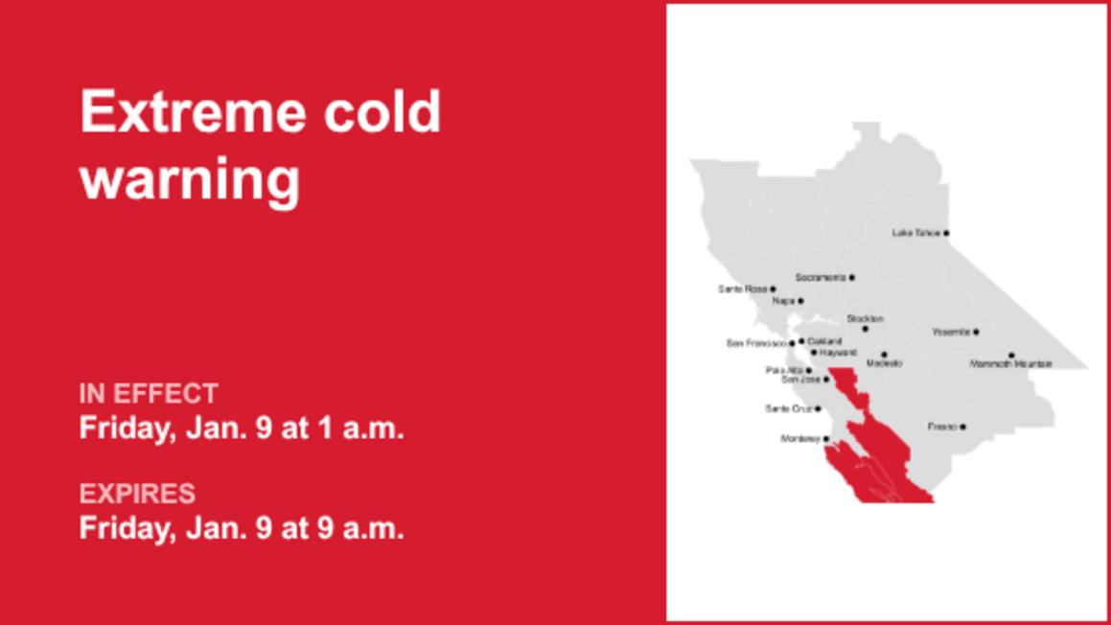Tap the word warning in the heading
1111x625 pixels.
pyautogui.click(x=190, y=179)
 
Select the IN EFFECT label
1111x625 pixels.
pyautogui.click(x=149, y=394)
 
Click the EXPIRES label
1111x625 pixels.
pyautogui.click(x=137, y=494)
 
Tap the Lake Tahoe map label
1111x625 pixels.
pyautogui.click(x=915, y=233)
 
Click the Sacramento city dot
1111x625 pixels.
pyautogui.click(x=852, y=278)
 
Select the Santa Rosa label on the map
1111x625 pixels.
pyautogui.click(x=742, y=289)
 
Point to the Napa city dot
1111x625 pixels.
pyautogui.click(x=800, y=301)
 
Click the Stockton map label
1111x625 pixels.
pyautogui.click(x=865, y=318)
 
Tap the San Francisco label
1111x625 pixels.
pyautogui.click(x=756, y=343)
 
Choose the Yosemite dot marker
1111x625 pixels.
pyautogui.click(x=976, y=333)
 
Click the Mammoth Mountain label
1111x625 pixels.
pyautogui.click(x=1010, y=364)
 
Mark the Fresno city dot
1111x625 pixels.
pyautogui.click(x=963, y=428)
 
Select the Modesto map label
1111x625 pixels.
pyautogui.click(x=884, y=364)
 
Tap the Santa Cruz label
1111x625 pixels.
pyautogui.click(x=788, y=409)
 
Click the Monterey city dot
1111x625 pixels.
pyautogui.click(x=826, y=440)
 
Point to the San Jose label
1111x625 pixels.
pyautogui.click(x=800, y=380)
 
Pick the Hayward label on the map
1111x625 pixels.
pyautogui.click(x=838, y=353)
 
